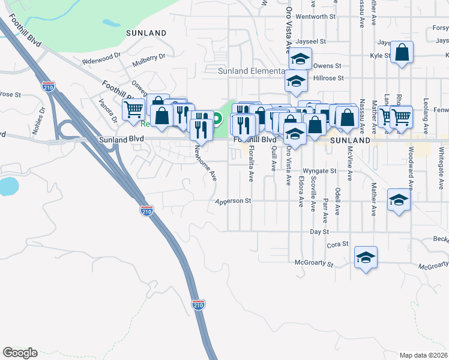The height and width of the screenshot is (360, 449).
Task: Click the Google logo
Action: (20, 353)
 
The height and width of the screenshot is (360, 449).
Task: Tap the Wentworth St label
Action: (315, 17)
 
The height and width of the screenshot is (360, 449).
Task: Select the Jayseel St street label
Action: (310, 42)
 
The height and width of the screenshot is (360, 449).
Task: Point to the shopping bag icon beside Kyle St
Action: (402, 52)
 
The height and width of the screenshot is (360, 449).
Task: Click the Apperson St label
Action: (234, 202)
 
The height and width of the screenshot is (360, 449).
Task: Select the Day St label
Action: (319, 232)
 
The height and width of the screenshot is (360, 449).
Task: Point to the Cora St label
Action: (337, 245)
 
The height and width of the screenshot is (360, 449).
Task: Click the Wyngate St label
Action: (319, 171)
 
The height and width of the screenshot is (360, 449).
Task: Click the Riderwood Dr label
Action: (102, 61)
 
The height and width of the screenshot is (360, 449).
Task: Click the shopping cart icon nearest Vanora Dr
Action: (133, 109)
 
